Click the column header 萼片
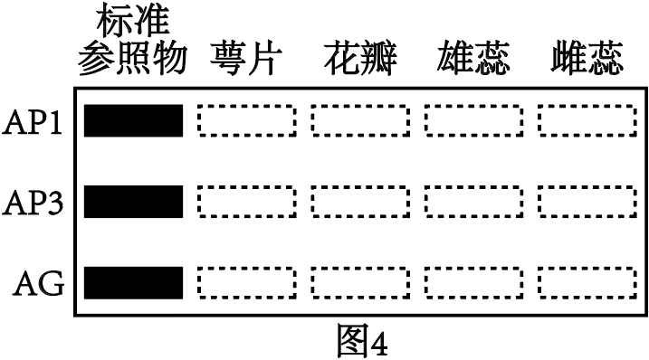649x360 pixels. click(246, 61)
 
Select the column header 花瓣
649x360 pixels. click(359, 61)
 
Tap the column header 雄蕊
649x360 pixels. click(472, 61)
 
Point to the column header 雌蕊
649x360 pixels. click(586, 61)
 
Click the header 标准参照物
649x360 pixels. click(132, 41)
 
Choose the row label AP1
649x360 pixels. click(34, 120)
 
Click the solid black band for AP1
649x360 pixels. click(133, 120)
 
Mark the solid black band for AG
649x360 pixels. click(133, 282)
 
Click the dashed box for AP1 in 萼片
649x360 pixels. click(246, 120)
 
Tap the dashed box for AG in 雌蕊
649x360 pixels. click(586, 282)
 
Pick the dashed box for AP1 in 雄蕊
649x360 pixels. click(472, 120)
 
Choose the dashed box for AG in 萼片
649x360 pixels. click(246, 282)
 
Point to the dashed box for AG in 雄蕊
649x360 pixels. click(472, 282)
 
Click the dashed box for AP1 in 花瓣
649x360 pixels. click(359, 120)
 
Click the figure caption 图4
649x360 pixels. click(360, 340)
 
